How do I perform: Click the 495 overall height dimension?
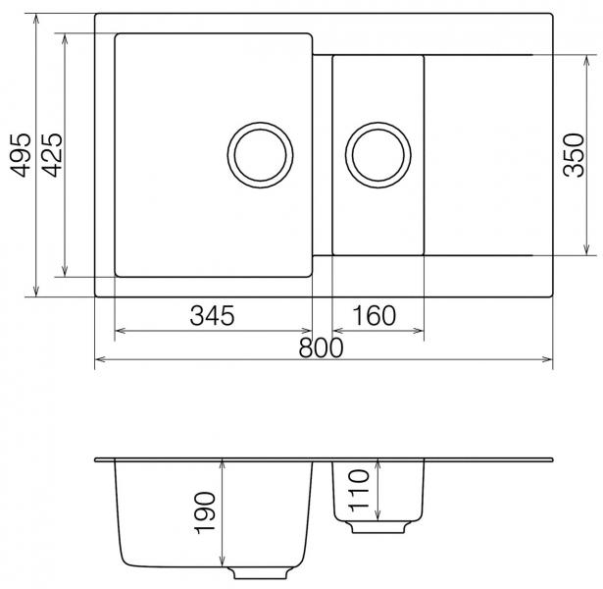coord(20,155)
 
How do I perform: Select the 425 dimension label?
coord(52,155)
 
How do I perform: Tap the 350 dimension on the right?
coord(574,155)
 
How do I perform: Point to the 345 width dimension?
coord(212,316)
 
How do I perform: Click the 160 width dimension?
coord(374,316)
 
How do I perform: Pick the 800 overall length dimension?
coord(322,348)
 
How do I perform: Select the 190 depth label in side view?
coord(205,512)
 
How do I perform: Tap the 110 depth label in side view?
coord(359,491)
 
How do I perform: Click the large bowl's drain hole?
coord(260,155)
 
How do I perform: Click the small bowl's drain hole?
coord(378,155)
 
